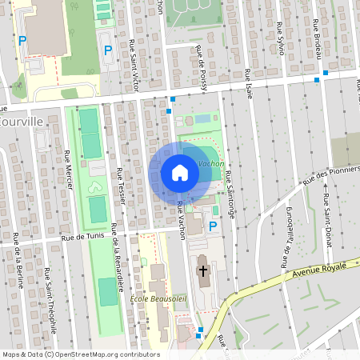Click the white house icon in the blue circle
point(180,172)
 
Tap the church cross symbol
point(203,271)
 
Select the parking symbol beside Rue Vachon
point(212,226)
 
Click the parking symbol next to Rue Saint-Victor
point(108,50)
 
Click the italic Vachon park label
point(210,162)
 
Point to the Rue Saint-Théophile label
point(50,300)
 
